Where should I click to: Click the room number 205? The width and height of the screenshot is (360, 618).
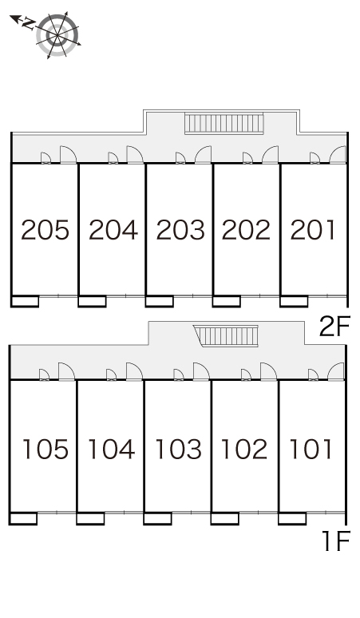click(x=45, y=230)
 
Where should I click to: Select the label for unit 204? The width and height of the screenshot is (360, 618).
click(x=113, y=230)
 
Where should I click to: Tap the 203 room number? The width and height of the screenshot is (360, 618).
click(x=180, y=230)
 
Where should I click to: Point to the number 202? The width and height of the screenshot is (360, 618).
click(x=246, y=230)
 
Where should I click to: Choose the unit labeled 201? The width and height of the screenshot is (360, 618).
click(x=313, y=230)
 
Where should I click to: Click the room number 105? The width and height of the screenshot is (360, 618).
click(x=45, y=450)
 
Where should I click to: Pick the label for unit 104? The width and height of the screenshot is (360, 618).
click(x=112, y=450)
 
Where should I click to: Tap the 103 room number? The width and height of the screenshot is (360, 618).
click(x=179, y=450)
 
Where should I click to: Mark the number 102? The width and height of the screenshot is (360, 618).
click(x=244, y=450)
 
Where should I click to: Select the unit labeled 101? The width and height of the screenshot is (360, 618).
click(x=311, y=450)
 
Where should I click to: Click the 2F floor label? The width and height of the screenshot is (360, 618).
click(x=334, y=327)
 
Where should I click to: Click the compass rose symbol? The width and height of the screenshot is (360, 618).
click(x=57, y=35)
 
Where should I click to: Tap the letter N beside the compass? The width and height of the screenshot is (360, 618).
click(x=27, y=24)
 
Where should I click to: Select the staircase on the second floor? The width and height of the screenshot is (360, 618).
click(x=224, y=123)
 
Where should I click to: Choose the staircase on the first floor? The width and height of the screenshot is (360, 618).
click(x=227, y=336)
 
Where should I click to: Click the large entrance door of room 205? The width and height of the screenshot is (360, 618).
click(x=68, y=155)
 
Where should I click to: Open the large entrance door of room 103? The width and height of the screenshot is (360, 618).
click(x=201, y=371)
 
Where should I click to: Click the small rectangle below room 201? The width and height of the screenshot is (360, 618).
click(x=294, y=301)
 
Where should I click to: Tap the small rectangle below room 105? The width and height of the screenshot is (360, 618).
click(x=23, y=519)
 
